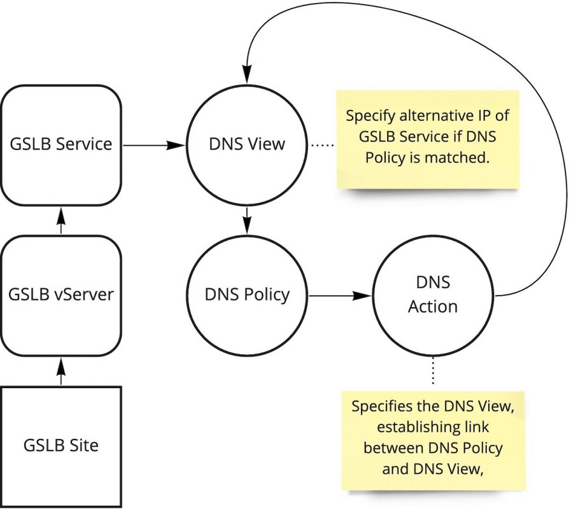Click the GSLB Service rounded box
(x=61, y=144)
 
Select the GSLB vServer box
(x=61, y=294)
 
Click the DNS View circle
(x=246, y=144)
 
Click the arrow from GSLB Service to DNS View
(x=153, y=145)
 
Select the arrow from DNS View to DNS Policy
(x=247, y=220)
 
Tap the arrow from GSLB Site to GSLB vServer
(x=61, y=370)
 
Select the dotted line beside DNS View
(x=323, y=145)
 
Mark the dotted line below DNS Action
(x=433, y=371)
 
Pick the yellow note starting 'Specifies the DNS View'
(x=433, y=439)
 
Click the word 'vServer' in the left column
(x=83, y=295)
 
